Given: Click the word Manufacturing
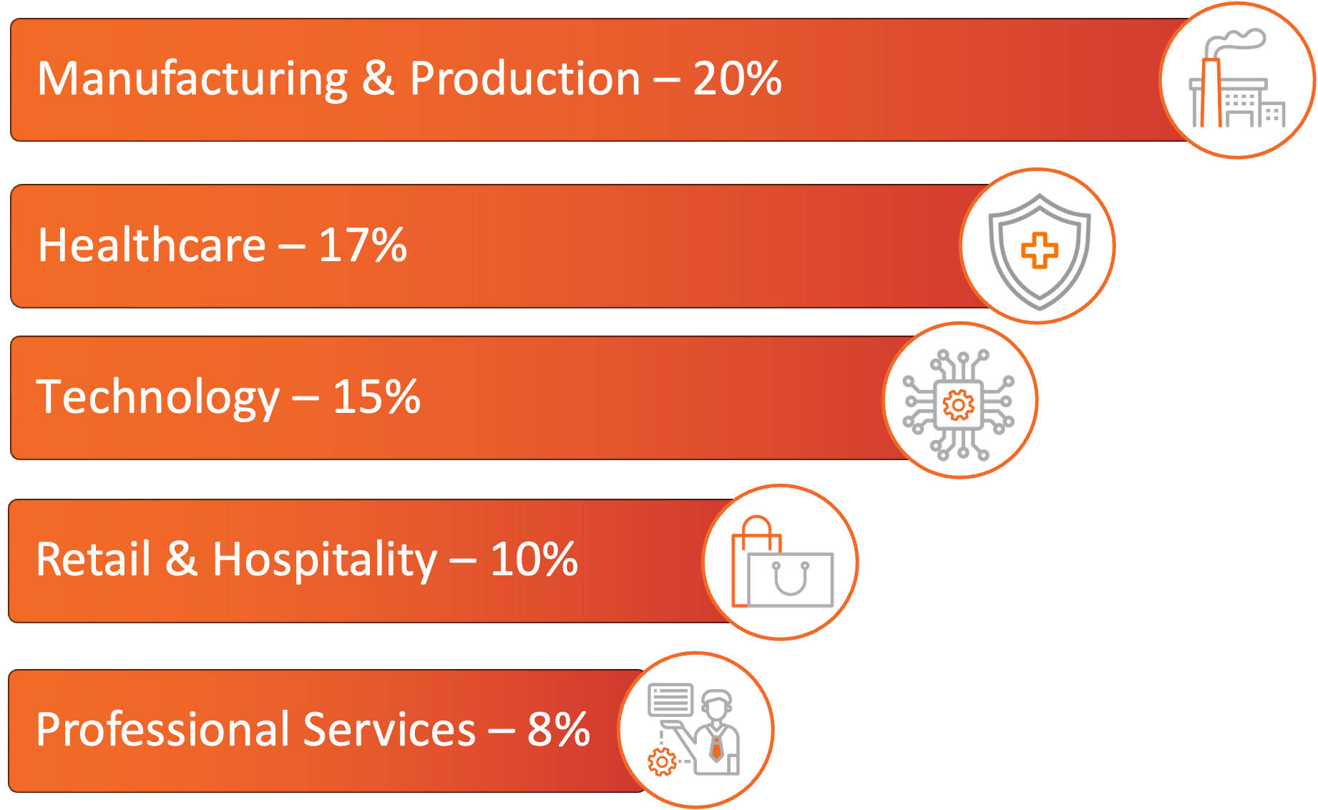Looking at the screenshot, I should pyautogui.click(x=192, y=79).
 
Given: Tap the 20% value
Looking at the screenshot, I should pyautogui.click(x=737, y=79).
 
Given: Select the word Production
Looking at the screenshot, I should pyautogui.click(x=524, y=79).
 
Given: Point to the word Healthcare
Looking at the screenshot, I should pyautogui.click(x=152, y=245).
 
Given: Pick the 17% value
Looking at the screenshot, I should pyautogui.click(x=362, y=245).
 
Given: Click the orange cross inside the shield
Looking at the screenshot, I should pyautogui.click(x=1039, y=250).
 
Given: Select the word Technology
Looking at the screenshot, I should pyautogui.click(x=157, y=398).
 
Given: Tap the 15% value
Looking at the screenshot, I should pyautogui.click(x=376, y=397).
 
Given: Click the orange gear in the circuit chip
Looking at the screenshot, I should pyautogui.click(x=958, y=405).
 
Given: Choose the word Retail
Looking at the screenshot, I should pyautogui.click(x=93, y=560).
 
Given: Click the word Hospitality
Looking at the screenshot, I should pyautogui.click(x=324, y=560).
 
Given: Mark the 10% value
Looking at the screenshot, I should pyautogui.click(x=534, y=560).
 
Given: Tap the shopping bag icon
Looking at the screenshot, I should pyautogui.click(x=781, y=565).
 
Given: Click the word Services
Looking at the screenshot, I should pyautogui.click(x=389, y=730).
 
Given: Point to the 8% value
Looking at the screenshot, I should pyautogui.click(x=558, y=730).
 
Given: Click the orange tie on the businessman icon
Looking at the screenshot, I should pyautogui.click(x=716, y=748).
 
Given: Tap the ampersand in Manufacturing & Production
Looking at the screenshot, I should pyautogui.click(x=378, y=79).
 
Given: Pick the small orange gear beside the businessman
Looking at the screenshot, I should pyautogui.click(x=662, y=762).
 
